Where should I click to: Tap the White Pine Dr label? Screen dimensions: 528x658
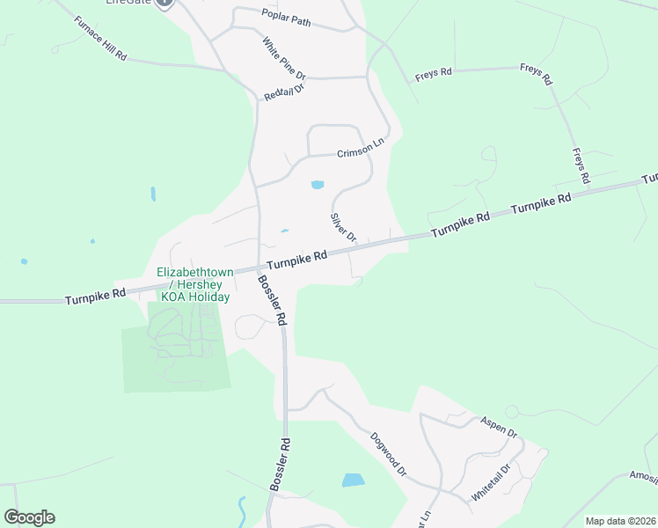[283, 58]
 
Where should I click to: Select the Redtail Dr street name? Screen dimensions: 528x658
[283, 92]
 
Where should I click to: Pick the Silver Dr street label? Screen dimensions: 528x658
[343, 227]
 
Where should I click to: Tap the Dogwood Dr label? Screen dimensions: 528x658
[388, 453]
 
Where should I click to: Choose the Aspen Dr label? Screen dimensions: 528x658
[498, 426]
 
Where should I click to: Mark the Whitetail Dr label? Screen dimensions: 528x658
[491, 483]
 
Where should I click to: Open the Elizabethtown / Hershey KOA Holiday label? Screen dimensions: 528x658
[194, 284]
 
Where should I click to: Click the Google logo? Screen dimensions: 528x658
[29, 517]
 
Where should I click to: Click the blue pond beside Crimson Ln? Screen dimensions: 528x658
[318, 185]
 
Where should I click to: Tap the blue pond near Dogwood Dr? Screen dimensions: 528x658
[353, 480]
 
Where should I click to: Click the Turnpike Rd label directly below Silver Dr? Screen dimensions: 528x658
[296, 259]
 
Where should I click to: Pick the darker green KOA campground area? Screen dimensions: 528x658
[176, 348]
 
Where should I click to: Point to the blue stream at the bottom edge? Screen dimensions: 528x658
[242, 510]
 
